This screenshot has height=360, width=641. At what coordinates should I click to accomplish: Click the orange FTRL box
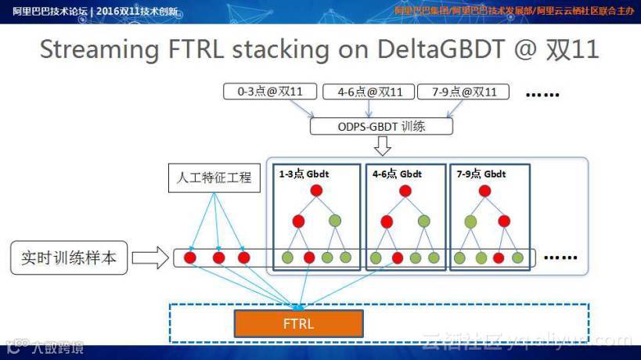(298, 322)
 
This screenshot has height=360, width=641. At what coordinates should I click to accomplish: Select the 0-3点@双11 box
(269, 92)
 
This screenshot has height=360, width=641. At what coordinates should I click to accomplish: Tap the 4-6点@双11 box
(368, 92)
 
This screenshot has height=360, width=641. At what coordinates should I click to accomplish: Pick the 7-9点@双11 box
(463, 92)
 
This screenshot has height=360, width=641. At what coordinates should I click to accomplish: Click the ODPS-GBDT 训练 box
(381, 124)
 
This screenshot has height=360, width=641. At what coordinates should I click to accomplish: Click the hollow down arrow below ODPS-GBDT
(382, 146)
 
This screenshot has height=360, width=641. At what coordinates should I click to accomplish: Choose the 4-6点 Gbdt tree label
(397, 174)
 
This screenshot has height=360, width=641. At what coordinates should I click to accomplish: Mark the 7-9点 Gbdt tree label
(481, 174)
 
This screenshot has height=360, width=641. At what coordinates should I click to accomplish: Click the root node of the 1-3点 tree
(316, 191)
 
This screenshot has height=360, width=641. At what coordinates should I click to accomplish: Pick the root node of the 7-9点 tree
(485, 191)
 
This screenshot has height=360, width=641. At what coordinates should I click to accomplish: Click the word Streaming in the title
(99, 49)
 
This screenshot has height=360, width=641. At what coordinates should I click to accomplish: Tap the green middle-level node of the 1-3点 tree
(335, 221)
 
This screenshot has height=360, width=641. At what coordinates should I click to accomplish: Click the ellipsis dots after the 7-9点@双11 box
(542, 94)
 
